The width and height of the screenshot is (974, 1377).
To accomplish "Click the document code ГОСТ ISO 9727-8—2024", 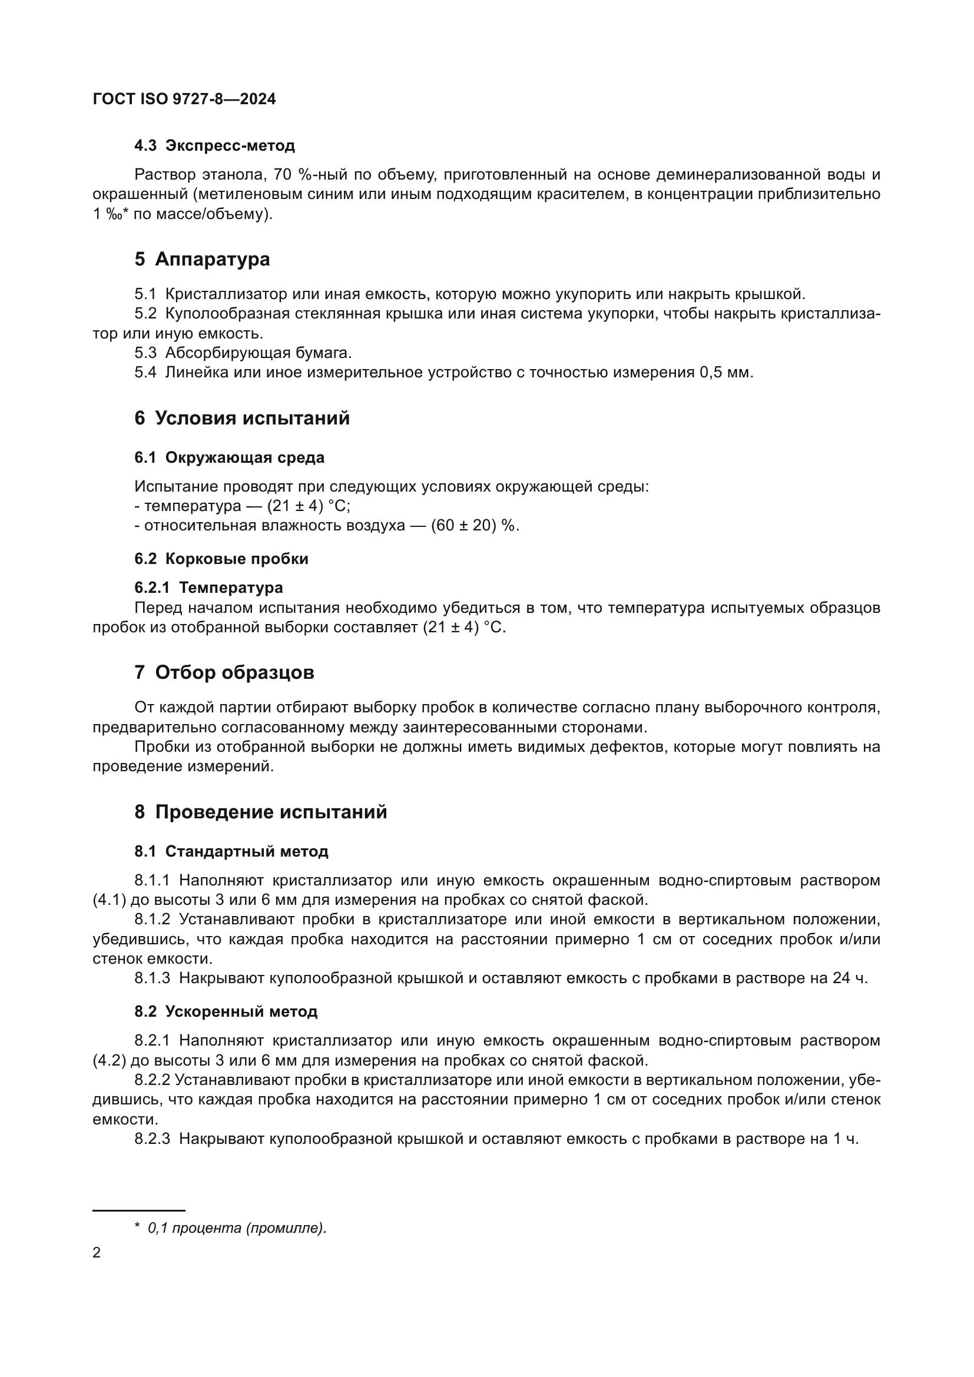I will point(184,99).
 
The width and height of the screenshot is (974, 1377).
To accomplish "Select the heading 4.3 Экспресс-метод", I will point(214,146).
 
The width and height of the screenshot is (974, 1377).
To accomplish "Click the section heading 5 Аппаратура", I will point(202,259).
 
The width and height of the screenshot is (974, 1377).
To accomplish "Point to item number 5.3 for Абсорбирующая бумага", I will point(145,353).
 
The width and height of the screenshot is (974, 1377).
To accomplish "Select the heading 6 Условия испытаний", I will point(241,418).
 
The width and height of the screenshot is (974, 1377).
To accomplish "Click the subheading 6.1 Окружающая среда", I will point(229,457).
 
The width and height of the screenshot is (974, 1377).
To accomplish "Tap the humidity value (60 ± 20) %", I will point(475,525).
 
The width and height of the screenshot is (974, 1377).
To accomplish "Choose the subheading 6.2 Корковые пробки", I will point(221,559).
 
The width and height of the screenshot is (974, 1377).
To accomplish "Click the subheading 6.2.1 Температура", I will point(208,588).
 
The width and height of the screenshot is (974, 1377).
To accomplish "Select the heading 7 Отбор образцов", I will point(224,673).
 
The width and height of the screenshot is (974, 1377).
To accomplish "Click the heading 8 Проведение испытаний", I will point(260,812).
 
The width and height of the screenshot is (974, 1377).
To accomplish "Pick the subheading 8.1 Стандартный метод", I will point(231,852).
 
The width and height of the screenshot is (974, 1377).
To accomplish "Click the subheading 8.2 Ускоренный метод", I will point(226,1012).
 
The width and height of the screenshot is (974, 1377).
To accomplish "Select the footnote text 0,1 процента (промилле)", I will point(237,1228).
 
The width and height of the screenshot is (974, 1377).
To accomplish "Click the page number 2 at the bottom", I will point(97,1253).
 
